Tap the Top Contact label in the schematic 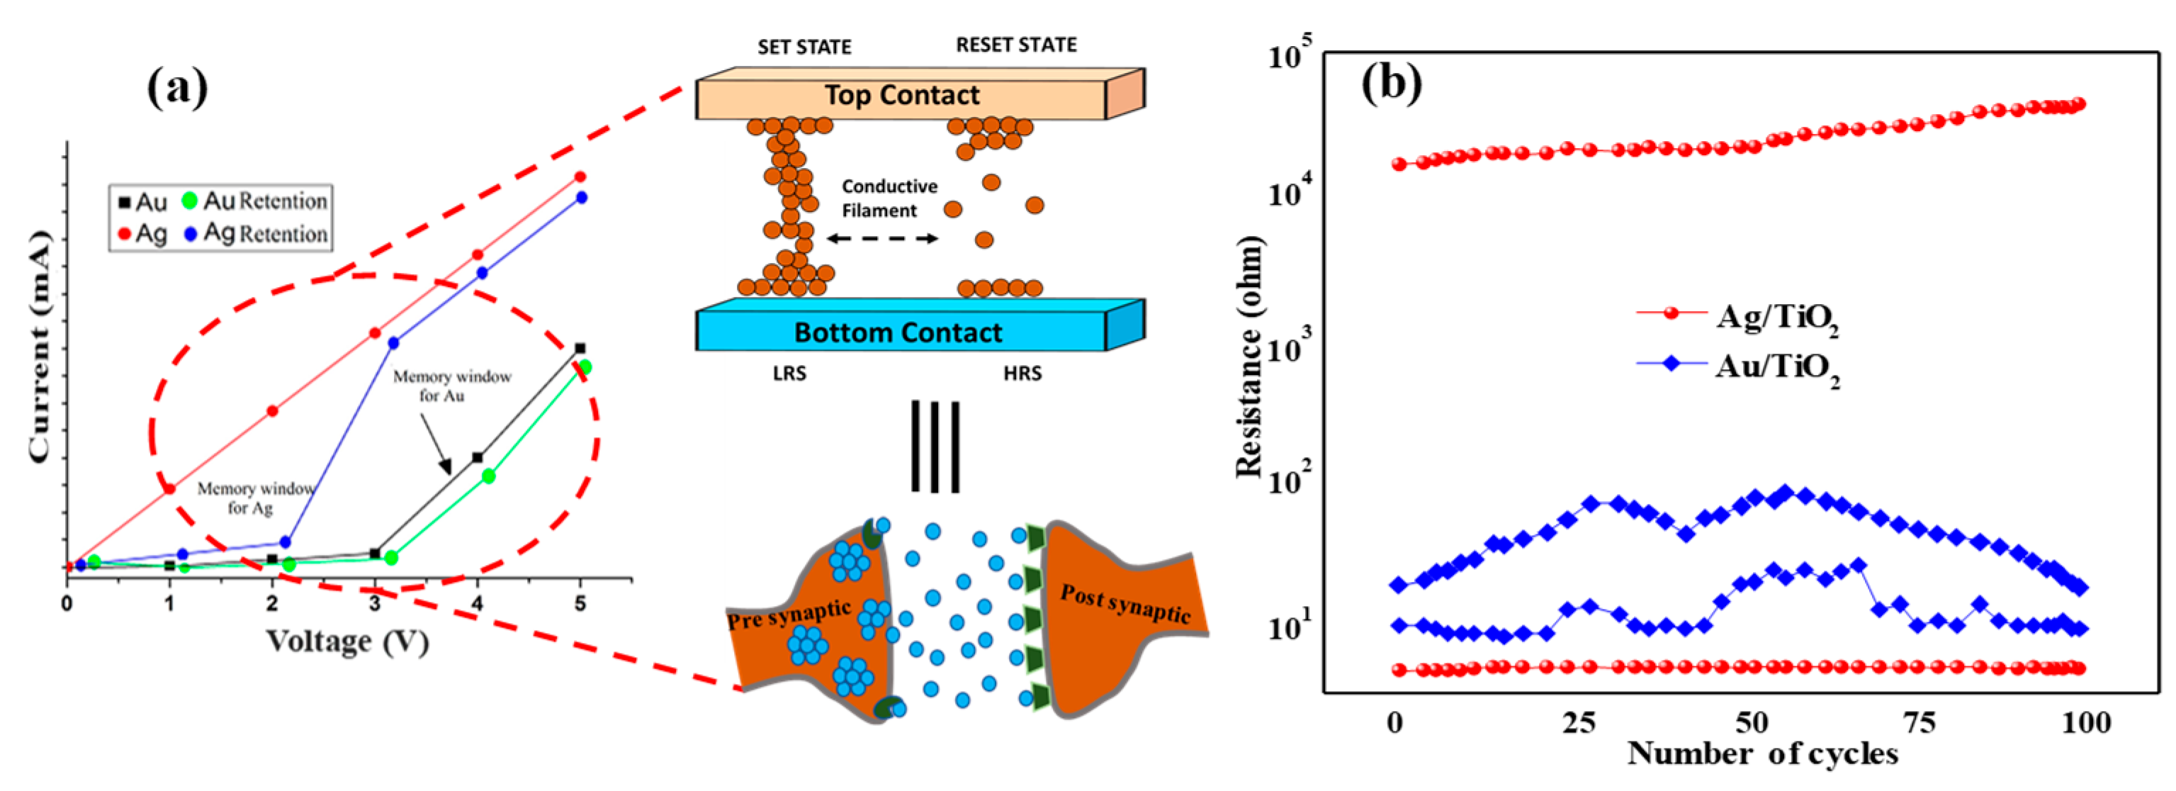(901, 95)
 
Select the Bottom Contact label (898, 332)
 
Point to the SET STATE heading (804, 47)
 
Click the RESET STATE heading (1016, 45)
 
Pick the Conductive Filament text (889, 198)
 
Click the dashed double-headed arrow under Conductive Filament (882, 238)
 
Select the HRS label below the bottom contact (1022, 374)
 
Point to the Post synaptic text (1125, 603)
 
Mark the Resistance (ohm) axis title (1249, 357)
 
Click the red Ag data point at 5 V (580, 176)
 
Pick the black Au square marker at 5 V (580, 348)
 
